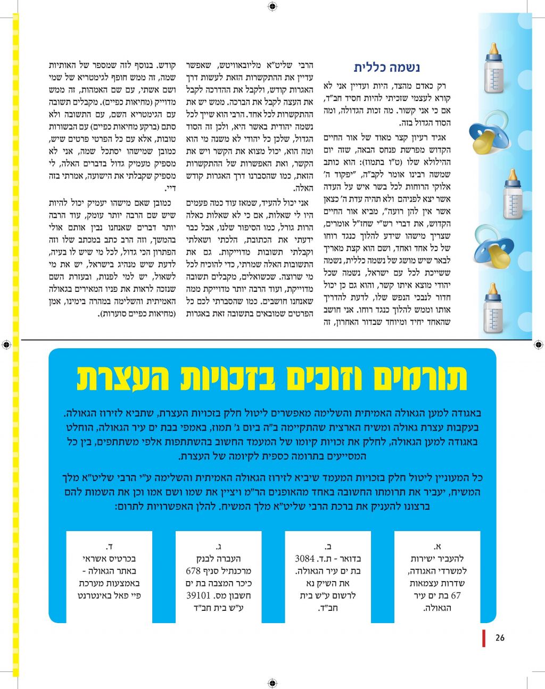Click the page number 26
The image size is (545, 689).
tap(499, 638)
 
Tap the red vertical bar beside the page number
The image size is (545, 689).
tap(484, 638)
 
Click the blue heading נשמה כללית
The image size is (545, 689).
tap(387, 68)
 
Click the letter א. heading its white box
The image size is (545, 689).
tap(437, 546)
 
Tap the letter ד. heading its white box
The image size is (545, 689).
tap(109, 546)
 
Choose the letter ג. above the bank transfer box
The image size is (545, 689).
tap(218, 546)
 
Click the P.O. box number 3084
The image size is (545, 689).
tap(305, 559)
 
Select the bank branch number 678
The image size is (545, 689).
tap(193, 571)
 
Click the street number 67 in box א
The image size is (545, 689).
tap(456, 595)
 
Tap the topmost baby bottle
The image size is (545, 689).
tap(494, 70)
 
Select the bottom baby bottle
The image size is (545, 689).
tap(493, 308)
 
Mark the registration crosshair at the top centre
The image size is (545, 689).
tap(272, 6)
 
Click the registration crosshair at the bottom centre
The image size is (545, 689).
tap(272, 683)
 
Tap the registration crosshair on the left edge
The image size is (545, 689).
tap(6, 344)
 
